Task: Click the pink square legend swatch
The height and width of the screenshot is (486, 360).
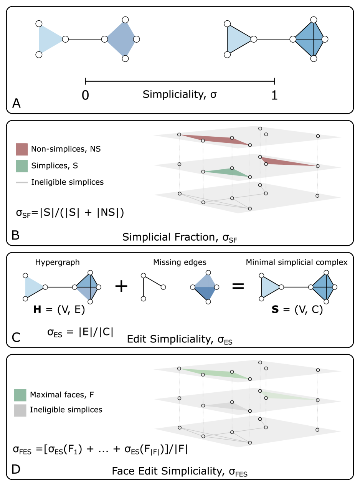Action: pyautogui.click(x=22, y=149)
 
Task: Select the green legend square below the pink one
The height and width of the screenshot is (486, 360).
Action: pyautogui.click(x=22, y=166)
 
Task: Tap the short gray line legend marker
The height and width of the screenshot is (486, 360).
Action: pyautogui.click(x=22, y=182)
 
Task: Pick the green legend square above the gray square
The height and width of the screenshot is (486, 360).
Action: pyautogui.click(x=20, y=395)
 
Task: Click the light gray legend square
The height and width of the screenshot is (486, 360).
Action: pyautogui.click(x=20, y=410)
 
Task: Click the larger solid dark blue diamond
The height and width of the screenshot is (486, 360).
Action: pyautogui.click(x=121, y=39)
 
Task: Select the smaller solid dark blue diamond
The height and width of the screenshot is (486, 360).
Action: pyautogui.click(x=205, y=287)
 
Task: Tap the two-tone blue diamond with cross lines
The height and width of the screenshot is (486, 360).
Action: pyautogui.click(x=88, y=287)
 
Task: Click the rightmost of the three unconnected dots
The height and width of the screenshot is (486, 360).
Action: pyautogui.click(x=163, y=287)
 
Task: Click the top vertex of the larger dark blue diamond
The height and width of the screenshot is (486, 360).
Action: pyautogui.click(x=125, y=20)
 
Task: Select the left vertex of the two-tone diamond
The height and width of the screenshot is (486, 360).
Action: pyautogui.click(x=75, y=287)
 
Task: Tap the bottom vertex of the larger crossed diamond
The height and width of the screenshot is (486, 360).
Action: pyautogui.click(x=314, y=58)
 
